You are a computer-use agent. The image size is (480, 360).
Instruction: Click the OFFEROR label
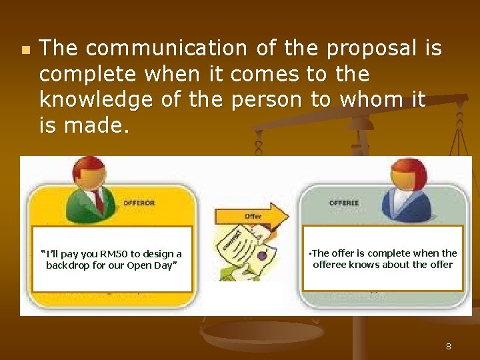139,203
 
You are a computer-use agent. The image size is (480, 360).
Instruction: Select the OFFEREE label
343,203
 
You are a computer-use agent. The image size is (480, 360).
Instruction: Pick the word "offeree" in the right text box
328,265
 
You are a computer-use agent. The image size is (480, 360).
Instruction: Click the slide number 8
448,347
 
